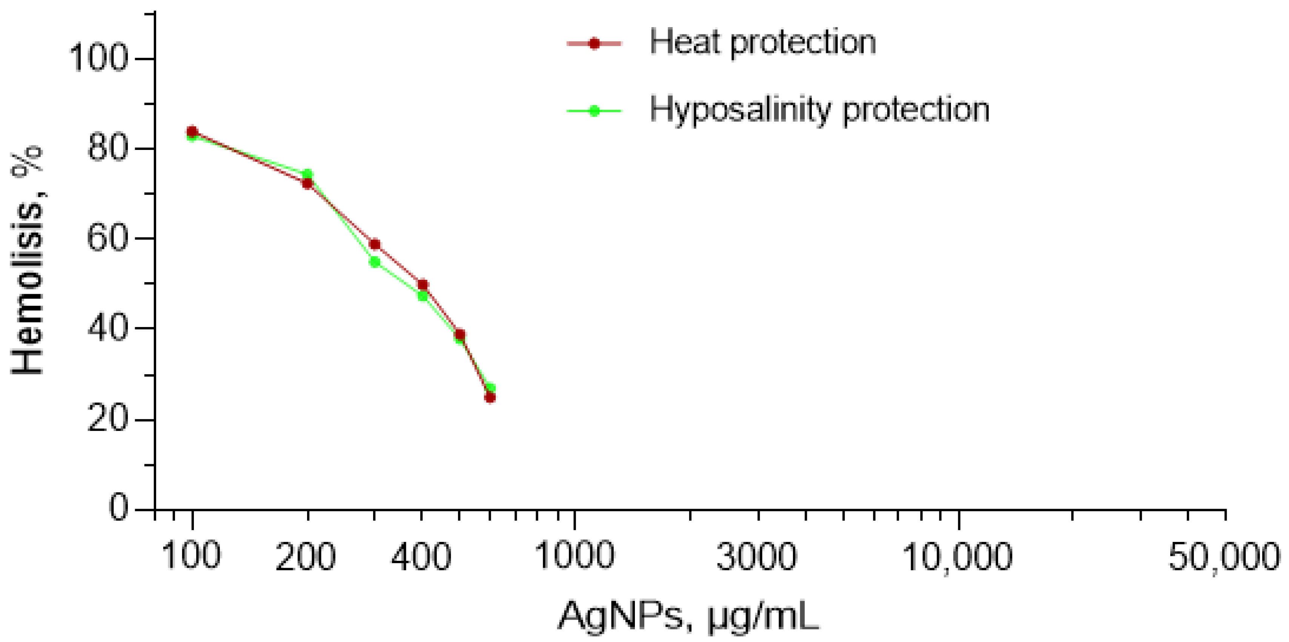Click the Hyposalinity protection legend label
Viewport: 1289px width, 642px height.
tap(819, 110)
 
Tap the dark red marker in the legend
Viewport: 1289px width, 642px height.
tap(594, 43)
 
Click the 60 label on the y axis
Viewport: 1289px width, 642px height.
tap(107, 238)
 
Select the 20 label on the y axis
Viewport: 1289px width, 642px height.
tap(107, 419)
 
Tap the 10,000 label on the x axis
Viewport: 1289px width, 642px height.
tap(957, 556)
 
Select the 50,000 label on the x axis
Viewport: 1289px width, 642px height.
tap(1223, 556)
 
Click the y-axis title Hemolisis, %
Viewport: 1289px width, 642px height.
tap(28, 261)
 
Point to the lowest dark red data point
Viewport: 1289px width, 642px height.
tap(490, 398)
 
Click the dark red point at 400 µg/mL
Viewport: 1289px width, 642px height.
tap(422, 285)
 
